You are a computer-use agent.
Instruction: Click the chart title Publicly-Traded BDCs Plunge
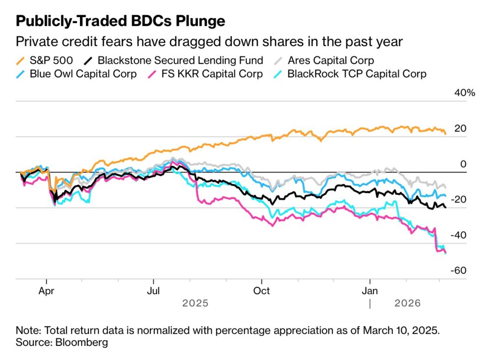[x=121, y=21]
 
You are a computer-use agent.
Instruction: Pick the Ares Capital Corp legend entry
[x=331, y=61]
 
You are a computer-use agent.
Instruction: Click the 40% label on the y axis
[x=464, y=93]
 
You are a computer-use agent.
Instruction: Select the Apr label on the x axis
[x=47, y=290]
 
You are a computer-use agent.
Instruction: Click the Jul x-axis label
[x=154, y=290]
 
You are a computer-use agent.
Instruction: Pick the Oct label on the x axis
[x=262, y=290]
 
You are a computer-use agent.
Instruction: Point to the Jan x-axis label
[x=369, y=290]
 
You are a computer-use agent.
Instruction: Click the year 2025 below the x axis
[x=195, y=303]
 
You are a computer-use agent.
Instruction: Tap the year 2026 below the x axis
[x=408, y=303]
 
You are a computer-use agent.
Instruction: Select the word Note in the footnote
[x=27, y=329]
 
